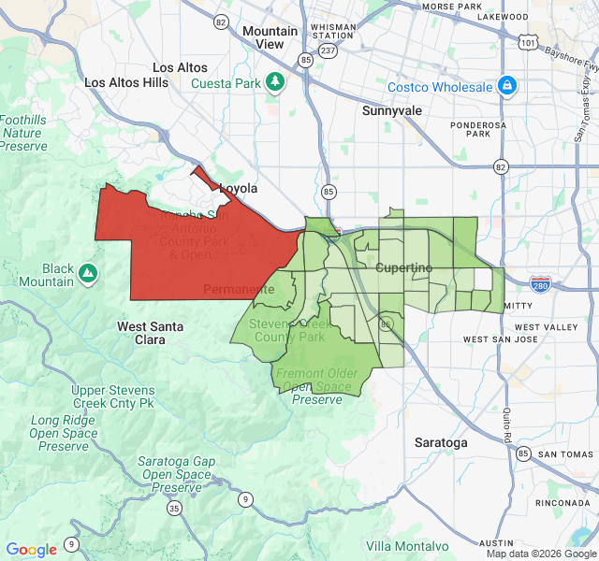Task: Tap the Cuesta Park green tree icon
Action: point(275,82)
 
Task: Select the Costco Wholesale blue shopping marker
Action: point(506,87)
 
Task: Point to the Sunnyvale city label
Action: point(392,110)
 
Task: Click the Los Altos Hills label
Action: point(126,82)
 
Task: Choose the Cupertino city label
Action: point(404,268)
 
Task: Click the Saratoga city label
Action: point(441,442)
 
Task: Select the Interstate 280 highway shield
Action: point(541,282)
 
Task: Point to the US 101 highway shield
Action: point(530,42)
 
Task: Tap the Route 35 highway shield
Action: point(175,509)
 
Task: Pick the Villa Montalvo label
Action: point(407,546)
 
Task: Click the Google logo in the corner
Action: point(31,550)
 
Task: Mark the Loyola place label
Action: point(238,188)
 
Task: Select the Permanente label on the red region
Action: point(239,289)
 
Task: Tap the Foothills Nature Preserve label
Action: point(22,134)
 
